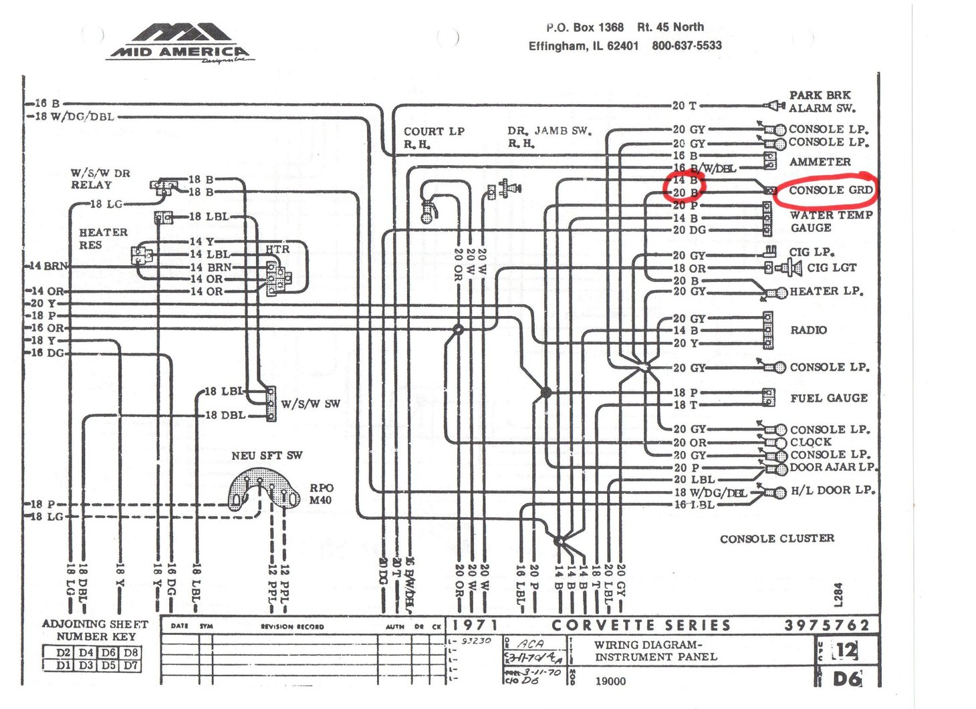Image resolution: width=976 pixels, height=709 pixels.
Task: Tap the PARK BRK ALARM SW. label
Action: coord(822,102)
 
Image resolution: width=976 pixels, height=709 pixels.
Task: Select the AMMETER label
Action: coord(820,162)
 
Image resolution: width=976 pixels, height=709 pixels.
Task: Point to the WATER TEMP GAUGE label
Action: coord(830,221)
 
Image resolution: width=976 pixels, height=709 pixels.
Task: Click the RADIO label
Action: coord(808,330)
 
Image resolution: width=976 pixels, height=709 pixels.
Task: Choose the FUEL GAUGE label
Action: coord(829,398)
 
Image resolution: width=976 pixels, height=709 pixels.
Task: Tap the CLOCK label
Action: coord(810,442)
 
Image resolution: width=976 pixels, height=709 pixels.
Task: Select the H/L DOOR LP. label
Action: coord(832,490)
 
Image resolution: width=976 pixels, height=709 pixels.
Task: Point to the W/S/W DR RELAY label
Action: coord(100,179)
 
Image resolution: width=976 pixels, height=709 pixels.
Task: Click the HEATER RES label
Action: coord(103,239)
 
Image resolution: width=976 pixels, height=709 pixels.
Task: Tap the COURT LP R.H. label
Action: coord(434,138)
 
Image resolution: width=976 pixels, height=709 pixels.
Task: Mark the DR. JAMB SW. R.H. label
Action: coord(549,137)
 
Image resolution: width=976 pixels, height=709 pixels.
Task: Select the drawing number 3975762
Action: coord(827,625)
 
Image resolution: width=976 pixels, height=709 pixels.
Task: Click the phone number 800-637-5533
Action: coord(687,45)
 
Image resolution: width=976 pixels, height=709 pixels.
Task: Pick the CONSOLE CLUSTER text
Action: coord(777,539)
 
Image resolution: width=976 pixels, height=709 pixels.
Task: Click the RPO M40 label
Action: coord(321,494)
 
